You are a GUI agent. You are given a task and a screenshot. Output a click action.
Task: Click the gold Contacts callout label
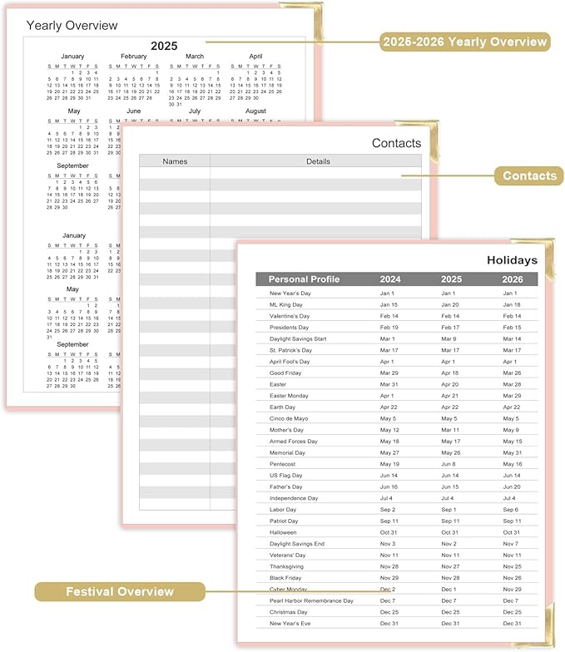pos(528,175)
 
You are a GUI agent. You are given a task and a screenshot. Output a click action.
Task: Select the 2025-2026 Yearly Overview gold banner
pos(464,42)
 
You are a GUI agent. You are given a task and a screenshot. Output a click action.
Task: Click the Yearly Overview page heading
pos(72,26)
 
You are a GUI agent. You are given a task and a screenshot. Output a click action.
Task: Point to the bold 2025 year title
pos(164,46)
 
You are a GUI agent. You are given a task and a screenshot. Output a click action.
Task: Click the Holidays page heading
pos(512,260)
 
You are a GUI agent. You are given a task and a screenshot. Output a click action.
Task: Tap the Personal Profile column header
pos(304,279)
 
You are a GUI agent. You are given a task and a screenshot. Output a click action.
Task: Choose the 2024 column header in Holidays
pos(389,279)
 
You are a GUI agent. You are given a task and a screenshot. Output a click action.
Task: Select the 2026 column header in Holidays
pos(512,279)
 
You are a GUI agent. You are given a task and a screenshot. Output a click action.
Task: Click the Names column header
pos(175,161)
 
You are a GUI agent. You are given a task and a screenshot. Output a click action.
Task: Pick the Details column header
pos(318,161)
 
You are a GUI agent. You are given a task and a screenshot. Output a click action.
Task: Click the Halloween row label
pos(283,532)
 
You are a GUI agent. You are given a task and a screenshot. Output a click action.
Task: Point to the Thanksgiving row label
pos(286,566)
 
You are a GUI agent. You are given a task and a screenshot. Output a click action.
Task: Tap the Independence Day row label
pos(294,498)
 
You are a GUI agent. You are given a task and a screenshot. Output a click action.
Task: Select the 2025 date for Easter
pos(449,384)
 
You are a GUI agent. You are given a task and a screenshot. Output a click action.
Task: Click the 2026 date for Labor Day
pos(512,509)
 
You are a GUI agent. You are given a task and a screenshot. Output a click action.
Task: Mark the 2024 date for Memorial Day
pos(389,452)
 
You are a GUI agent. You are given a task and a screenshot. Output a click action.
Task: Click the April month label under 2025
pos(255,57)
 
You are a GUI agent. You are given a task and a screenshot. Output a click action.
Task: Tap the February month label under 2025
pos(134,57)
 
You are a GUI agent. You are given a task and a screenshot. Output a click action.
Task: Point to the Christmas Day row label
pos(288,611)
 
